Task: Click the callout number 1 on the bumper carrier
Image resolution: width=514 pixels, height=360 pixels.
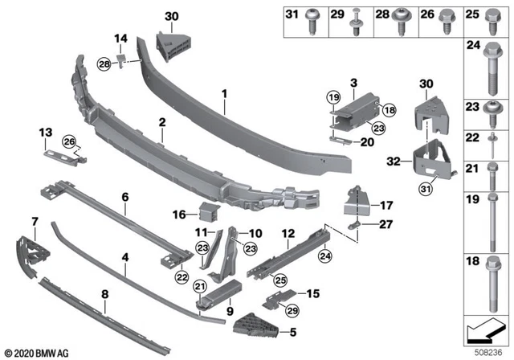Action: coord(225,95)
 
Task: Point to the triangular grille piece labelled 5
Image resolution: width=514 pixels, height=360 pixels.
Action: coord(256,324)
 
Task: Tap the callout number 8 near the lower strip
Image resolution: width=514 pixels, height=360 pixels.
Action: coord(105,294)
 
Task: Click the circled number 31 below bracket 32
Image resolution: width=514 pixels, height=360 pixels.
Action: coord(424,189)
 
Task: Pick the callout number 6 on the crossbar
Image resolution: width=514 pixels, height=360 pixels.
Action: coord(124,195)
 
